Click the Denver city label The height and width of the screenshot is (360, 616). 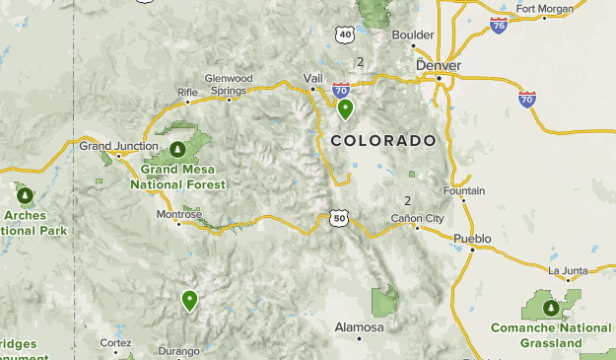(439, 65)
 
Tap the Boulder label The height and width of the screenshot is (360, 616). (413, 35)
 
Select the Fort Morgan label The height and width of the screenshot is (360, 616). (544, 11)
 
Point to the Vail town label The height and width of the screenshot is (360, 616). (313, 78)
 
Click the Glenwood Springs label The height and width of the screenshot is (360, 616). (229, 84)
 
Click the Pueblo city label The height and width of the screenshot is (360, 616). (471, 239)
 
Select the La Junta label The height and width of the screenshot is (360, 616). (567, 271)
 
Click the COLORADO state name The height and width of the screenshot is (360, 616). (383, 141)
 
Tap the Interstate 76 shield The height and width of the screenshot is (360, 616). (499, 25)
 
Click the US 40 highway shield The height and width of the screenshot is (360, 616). (344, 36)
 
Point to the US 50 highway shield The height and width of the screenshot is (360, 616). (339, 218)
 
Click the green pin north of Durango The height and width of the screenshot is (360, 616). (189, 299)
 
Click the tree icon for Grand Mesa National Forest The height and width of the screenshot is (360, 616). (177, 150)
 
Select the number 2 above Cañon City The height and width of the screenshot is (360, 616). (408, 200)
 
